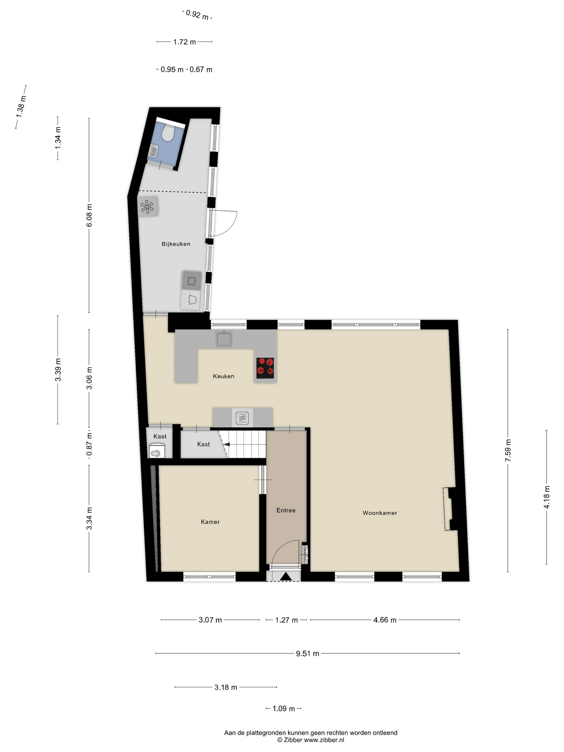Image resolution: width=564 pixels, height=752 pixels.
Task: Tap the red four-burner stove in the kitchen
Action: point(265,368)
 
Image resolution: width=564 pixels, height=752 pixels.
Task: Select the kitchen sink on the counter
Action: point(223,339)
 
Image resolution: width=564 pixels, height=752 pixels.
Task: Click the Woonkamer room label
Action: point(380,513)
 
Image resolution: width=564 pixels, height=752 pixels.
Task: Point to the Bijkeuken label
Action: point(176,244)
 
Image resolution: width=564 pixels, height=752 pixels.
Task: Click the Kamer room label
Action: point(210,522)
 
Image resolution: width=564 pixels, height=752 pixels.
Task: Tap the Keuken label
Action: point(223,376)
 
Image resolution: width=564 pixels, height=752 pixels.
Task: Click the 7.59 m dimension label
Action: point(508,450)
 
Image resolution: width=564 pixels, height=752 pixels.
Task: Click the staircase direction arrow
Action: point(226,444)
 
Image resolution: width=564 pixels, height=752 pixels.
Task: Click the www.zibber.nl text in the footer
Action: point(324,740)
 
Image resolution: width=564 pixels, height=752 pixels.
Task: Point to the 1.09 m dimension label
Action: point(284,708)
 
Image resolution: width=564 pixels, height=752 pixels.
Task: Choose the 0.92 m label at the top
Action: point(197,15)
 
